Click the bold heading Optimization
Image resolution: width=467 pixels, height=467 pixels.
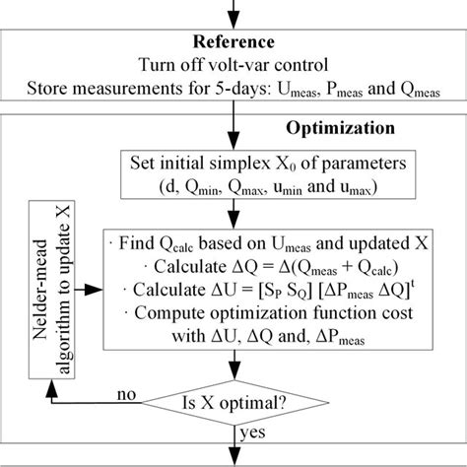coord(340,128)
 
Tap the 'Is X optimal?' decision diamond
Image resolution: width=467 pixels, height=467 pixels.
coord(234,401)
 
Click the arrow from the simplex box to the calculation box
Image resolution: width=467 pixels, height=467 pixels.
coord(233,217)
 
